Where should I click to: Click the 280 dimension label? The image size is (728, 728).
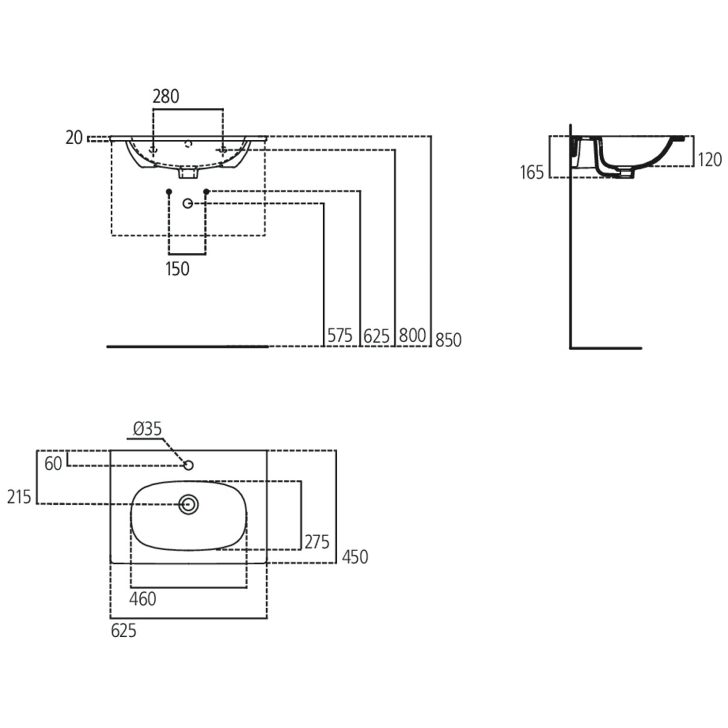tap(165, 97)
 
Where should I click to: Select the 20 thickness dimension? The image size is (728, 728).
tap(74, 138)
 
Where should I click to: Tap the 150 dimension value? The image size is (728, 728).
tap(177, 269)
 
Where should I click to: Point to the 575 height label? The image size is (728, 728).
tap(340, 335)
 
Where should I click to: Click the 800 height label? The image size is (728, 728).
tap(413, 335)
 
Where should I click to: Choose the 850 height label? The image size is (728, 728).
tap(448, 340)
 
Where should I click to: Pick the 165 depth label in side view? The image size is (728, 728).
tap(532, 172)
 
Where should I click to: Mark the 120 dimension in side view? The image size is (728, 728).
tap(709, 159)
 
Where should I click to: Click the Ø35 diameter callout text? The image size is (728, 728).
tap(147, 429)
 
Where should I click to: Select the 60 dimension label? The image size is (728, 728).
tap(53, 464)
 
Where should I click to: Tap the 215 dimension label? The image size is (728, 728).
tap(19, 497)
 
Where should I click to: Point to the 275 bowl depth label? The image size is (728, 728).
tap(317, 542)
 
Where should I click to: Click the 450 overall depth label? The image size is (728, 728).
tap(355, 557)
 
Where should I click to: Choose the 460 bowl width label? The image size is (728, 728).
tap(143, 599)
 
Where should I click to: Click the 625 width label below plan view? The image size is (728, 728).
tap(123, 631)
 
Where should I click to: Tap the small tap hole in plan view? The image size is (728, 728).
tap(189, 465)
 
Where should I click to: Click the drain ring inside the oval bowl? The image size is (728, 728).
tap(188, 504)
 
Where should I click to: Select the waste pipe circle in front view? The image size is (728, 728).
tap(188, 203)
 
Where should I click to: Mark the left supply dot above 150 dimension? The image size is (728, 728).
tap(169, 192)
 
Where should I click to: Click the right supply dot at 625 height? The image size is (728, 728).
tap(206, 192)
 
